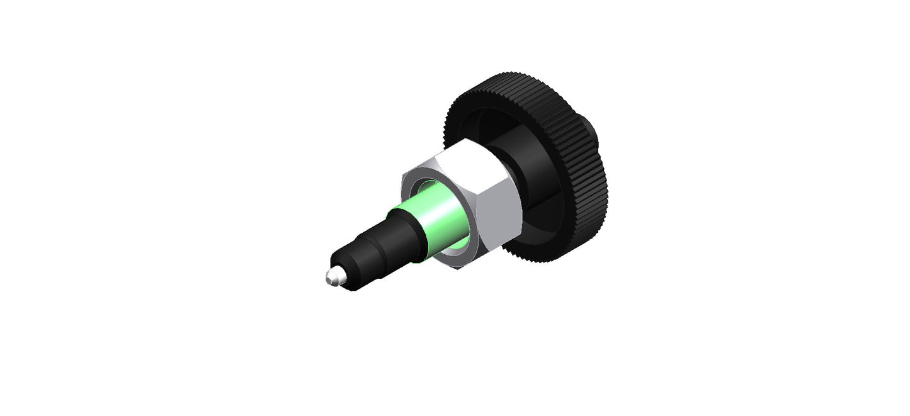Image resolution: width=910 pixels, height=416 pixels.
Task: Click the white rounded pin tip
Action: [331, 277]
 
